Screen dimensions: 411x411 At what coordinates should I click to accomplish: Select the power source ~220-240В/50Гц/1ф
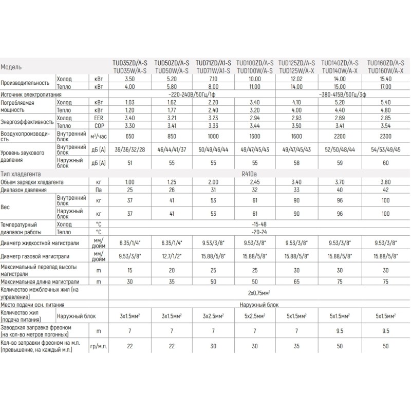point(193,94)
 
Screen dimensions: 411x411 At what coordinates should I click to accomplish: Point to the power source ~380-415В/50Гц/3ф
point(340,94)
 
